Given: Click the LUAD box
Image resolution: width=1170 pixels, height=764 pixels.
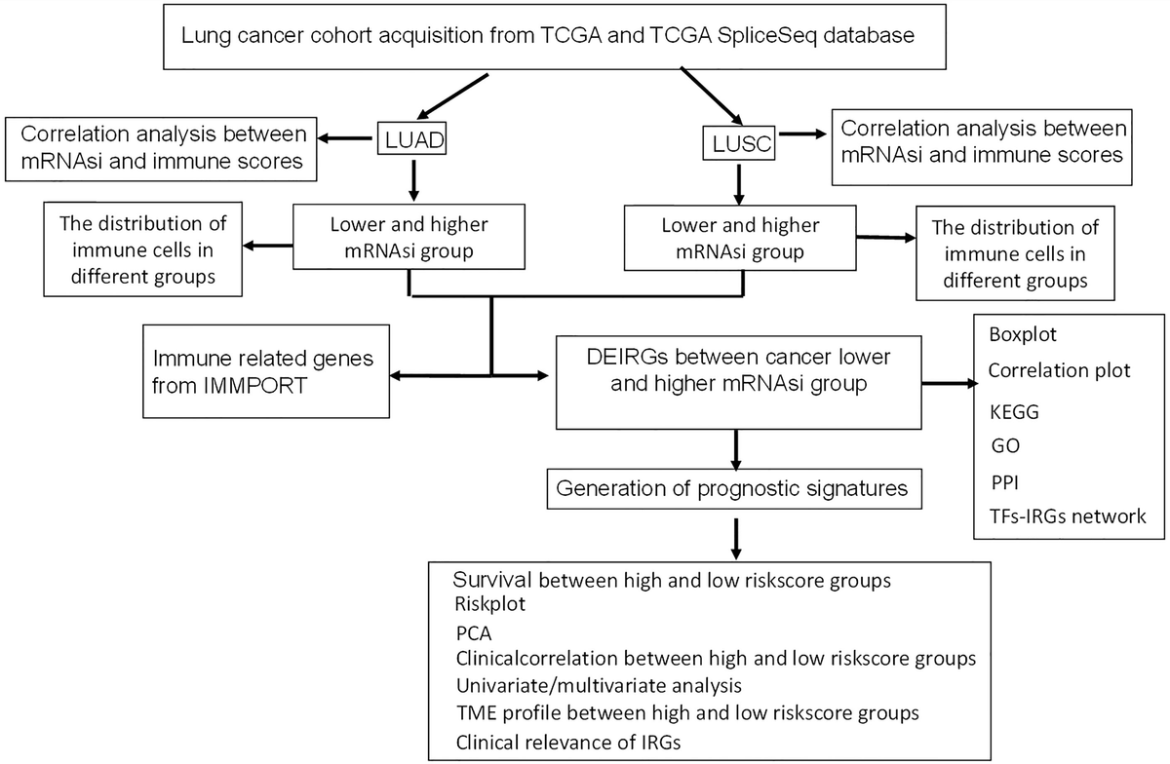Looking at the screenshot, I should (410, 140).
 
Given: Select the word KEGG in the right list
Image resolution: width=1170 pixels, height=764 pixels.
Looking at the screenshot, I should (1014, 411).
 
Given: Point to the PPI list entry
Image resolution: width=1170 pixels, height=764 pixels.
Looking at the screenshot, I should (1003, 480).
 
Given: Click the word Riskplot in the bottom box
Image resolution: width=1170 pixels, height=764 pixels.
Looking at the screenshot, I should (490, 603).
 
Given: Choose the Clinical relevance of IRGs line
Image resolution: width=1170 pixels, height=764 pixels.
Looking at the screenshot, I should (567, 741).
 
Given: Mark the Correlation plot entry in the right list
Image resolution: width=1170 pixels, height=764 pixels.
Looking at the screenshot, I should (1058, 370).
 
